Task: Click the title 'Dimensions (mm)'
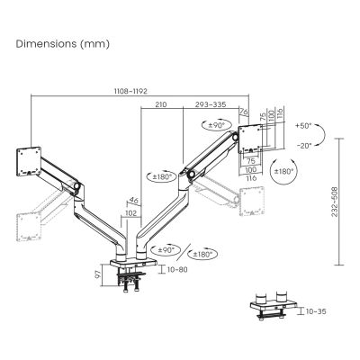tap(56, 43)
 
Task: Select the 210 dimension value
tap(160, 105)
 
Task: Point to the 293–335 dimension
tap(211, 105)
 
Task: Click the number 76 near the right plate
tap(243, 112)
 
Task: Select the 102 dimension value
tap(130, 212)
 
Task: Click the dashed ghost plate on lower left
tap(27, 220)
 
